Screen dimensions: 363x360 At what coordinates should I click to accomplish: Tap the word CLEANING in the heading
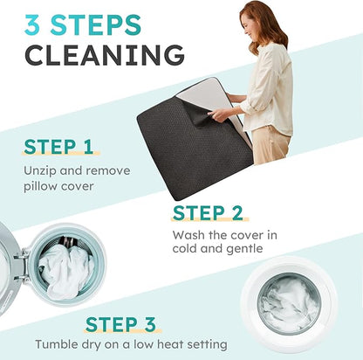click(105, 55)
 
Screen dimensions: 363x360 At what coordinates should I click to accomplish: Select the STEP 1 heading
click(58, 147)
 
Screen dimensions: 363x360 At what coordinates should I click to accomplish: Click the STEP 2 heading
click(208, 213)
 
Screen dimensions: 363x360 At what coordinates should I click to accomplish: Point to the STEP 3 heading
click(120, 324)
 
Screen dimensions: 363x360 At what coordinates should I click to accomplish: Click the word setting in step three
click(207, 345)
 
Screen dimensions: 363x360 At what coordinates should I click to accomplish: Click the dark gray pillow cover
click(192, 146)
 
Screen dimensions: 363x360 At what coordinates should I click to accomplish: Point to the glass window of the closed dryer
click(290, 303)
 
